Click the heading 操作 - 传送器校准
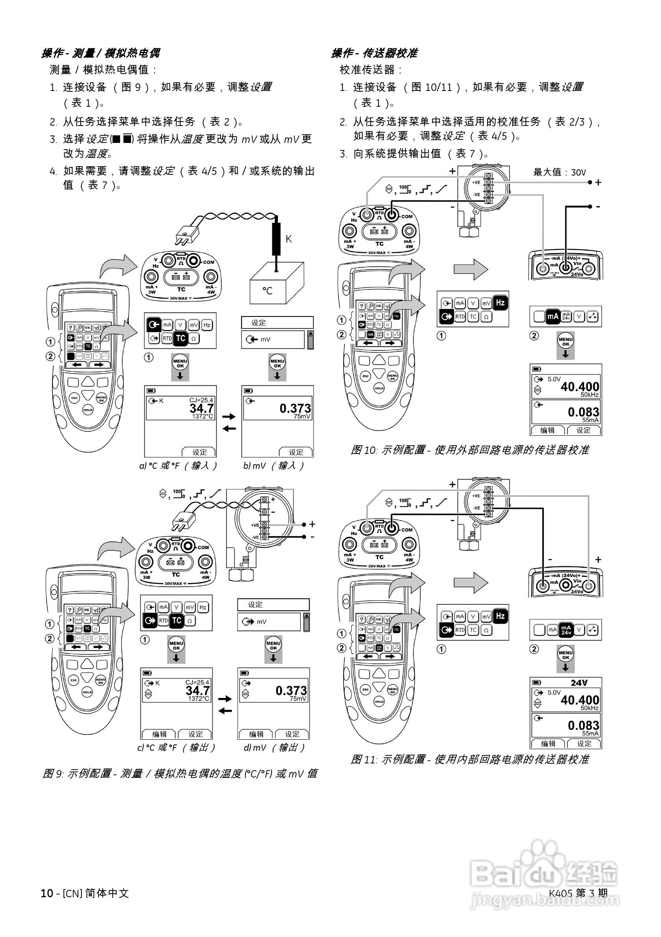click(x=374, y=53)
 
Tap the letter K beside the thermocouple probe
click(x=288, y=239)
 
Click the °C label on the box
click(x=267, y=291)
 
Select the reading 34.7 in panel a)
click(x=201, y=408)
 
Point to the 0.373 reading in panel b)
click(x=295, y=408)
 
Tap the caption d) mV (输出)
click(x=274, y=748)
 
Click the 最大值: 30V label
click(x=559, y=172)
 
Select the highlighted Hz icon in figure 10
click(x=500, y=303)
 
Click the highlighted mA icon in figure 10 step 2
click(x=552, y=316)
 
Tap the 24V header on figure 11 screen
click(x=579, y=683)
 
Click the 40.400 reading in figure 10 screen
click(x=580, y=387)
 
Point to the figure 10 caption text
click(x=470, y=450)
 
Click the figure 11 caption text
click(x=470, y=759)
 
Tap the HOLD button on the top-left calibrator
click(x=88, y=409)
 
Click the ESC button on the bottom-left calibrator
click(x=74, y=680)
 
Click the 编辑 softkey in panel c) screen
click(x=159, y=734)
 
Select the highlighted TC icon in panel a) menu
click(x=180, y=338)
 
